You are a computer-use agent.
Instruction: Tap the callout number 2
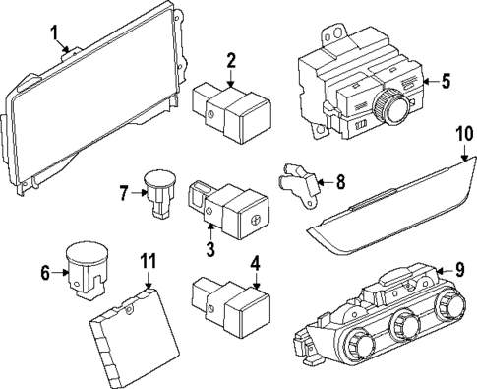point(230,61)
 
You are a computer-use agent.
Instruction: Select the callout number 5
point(446,80)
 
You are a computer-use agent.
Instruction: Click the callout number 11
point(148,262)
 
